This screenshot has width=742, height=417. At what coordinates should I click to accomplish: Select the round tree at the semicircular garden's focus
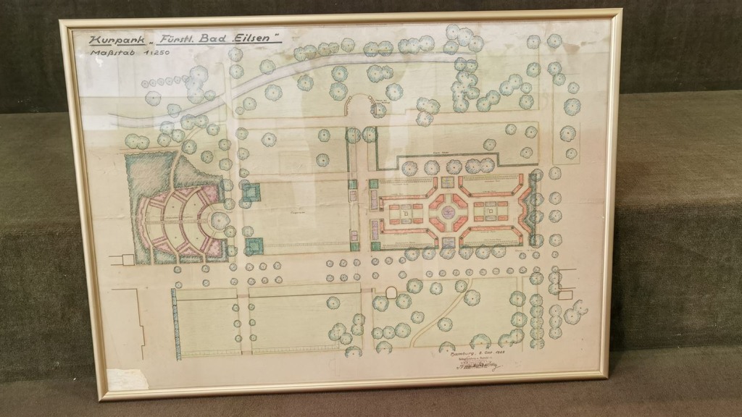click(220, 220)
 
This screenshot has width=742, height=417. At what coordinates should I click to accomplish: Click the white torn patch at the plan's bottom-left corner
click(128, 379)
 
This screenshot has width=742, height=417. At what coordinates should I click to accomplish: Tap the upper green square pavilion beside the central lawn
click(251, 192)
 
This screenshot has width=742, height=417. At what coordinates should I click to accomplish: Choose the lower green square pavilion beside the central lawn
click(253, 246)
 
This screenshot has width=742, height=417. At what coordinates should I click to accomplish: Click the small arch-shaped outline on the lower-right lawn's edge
click(391, 292)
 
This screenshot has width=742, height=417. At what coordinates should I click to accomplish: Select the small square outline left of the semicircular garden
click(128, 258)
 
